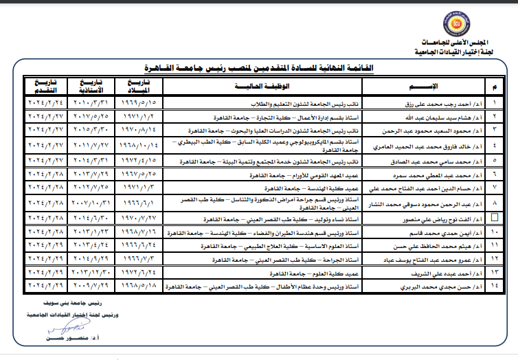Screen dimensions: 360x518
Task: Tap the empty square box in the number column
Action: (x=496, y=217)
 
